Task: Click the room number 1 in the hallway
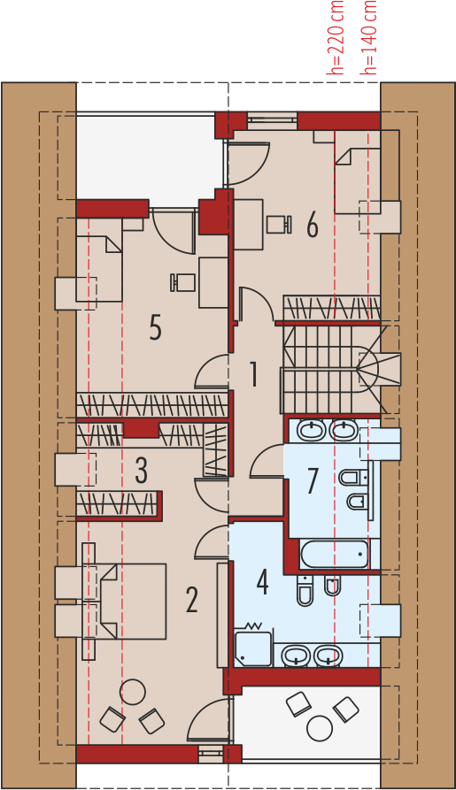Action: [x=254, y=374]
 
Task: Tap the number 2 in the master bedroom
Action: [x=191, y=599]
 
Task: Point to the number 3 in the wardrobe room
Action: [x=142, y=470]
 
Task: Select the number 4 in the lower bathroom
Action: [x=262, y=582]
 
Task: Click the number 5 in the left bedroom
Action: [x=155, y=327]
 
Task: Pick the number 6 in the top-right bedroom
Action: [x=313, y=225]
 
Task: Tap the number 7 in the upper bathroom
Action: [x=313, y=480]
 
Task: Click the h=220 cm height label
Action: [x=336, y=37]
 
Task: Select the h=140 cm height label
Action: [x=368, y=37]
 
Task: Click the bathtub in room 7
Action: [x=334, y=554]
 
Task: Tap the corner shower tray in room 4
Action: [x=254, y=647]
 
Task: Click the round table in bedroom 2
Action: [x=133, y=693]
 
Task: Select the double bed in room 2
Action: [x=133, y=601]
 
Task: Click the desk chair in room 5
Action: [x=182, y=282]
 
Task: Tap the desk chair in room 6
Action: [x=279, y=224]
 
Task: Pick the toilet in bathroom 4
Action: [x=305, y=590]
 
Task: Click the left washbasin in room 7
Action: [x=312, y=431]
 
